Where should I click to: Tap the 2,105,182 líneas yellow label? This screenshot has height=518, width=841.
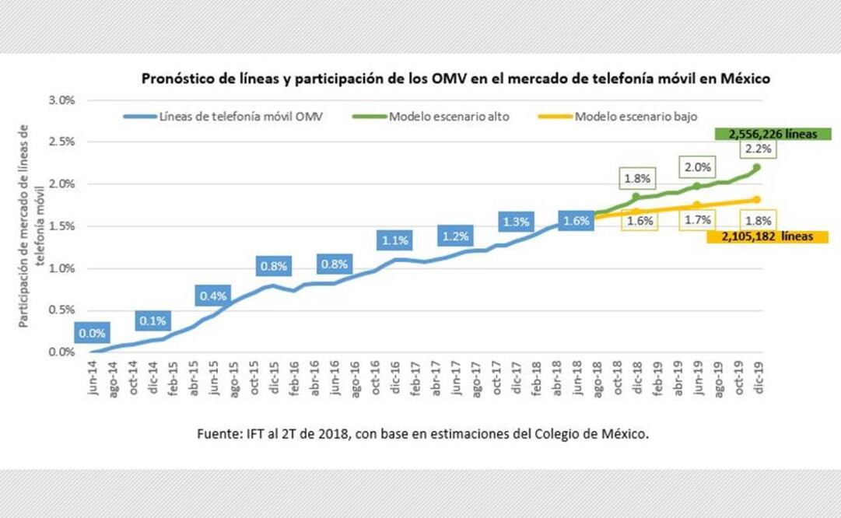pos(767,237)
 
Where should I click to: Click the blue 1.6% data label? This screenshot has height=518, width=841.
pos(577,220)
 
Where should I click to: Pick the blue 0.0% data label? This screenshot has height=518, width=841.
pos(93,334)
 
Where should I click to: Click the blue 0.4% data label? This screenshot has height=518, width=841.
pos(212,296)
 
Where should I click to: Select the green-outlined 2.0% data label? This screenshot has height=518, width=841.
pos(696,166)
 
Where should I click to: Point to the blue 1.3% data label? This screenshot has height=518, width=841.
pos(516,222)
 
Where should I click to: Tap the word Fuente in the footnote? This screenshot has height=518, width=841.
pos(218,435)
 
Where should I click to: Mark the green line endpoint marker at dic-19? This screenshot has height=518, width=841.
pos(757,167)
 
